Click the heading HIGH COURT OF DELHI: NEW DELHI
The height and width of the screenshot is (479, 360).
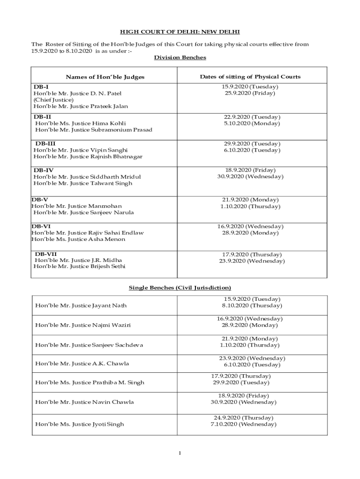pos(180,32)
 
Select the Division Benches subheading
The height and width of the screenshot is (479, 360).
pos(180,58)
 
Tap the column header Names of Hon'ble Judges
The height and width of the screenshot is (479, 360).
pos(105,77)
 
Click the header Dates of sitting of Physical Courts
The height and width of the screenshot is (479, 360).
pos(250,77)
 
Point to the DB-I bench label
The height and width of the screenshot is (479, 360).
pos(41,87)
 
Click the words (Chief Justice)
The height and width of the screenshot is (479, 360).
pos(53,100)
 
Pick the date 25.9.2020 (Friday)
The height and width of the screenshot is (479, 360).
pos(250,93)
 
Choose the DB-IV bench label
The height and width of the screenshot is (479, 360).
pos(43,170)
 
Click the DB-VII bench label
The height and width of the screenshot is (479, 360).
pos(46,254)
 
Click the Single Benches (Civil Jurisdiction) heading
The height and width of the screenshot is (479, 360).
pos(180,288)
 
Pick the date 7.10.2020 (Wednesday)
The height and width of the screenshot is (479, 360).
pos(243,424)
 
